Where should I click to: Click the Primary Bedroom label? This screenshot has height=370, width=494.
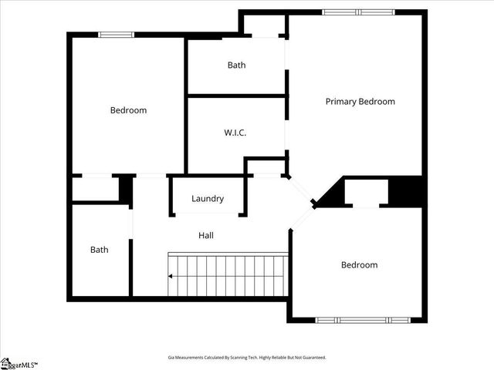(x=360, y=102)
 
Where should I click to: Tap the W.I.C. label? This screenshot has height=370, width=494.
(x=235, y=133)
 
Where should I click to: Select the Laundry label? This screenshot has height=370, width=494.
(x=208, y=199)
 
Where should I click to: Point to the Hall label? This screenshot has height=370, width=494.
(x=205, y=236)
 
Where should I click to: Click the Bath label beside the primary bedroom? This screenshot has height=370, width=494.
(x=236, y=66)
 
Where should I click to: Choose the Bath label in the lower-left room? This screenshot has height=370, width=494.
(x=100, y=250)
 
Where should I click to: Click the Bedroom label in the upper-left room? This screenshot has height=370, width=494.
(x=128, y=110)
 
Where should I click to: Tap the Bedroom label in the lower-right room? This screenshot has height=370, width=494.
(x=360, y=265)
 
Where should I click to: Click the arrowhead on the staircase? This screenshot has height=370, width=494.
(x=171, y=276)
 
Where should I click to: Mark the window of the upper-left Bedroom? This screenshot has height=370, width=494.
(x=117, y=35)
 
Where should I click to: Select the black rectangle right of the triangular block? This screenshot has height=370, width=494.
(x=407, y=192)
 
